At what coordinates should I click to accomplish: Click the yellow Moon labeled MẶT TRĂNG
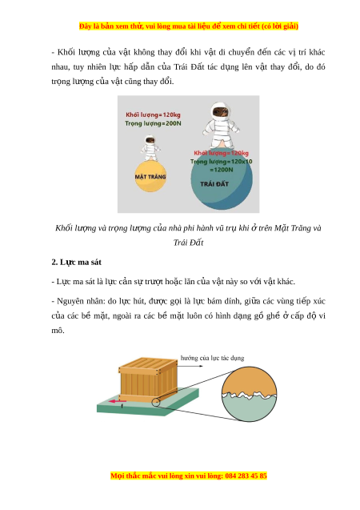[x=150, y=176]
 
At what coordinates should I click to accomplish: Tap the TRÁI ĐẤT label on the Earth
[x=214, y=184]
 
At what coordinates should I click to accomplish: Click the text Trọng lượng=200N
[x=153, y=123]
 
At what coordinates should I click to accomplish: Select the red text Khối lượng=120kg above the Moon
[x=153, y=114]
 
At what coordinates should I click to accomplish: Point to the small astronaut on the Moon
[x=150, y=148]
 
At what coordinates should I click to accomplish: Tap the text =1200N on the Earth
[x=222, y=170]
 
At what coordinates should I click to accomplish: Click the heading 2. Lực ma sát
[x=76, y=262]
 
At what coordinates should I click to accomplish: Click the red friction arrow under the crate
[x=118, y=401]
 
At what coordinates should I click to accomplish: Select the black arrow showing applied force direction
[x=190, y=366]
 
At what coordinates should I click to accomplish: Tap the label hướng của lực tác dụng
[x=212, y=358]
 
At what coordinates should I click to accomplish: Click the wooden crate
[x=149, y=379]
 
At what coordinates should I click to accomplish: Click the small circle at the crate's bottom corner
[x=156, y=403]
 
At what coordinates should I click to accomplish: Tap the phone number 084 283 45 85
[x=246, y=476]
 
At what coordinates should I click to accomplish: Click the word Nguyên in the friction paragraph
[x=70, y=302]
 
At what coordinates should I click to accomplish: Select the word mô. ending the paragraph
[x=58, y=331]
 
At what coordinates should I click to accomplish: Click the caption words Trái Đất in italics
[x=189, y=243]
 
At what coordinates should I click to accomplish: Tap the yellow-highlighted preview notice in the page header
[x=189, y=26]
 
